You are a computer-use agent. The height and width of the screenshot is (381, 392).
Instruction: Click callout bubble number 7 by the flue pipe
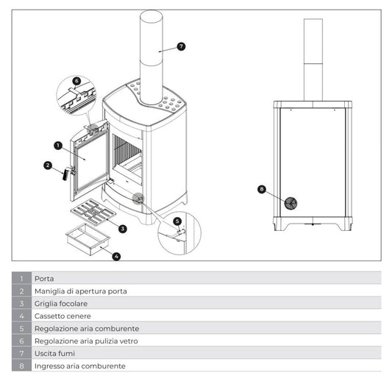(x=181, y=46)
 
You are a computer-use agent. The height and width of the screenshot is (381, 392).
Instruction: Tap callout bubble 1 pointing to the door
(x=58, y=146)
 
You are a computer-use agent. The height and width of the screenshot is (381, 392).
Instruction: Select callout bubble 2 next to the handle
(x=48, y=165)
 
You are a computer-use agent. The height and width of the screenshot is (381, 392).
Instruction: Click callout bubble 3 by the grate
(x=123, y=229)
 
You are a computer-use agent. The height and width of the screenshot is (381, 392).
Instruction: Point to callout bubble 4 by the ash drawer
(x=116, y=256)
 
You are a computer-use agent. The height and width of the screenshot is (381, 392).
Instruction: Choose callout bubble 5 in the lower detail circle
(x=177, y=221)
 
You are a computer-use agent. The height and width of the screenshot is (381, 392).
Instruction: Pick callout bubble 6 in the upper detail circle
(x=76, y=81)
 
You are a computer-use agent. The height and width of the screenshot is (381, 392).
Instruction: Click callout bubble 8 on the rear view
(x=262, y=189)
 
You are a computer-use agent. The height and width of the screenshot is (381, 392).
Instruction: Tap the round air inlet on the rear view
(x=291, y=203)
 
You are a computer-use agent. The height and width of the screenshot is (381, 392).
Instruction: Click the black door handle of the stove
(x=66, y=174)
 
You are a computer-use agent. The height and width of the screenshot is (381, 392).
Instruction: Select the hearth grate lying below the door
(x=93, y=212)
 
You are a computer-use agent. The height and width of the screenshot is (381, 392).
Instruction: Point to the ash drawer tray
(x=88, y=239)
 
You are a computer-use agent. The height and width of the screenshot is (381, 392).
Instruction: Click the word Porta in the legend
(x=44, y=279)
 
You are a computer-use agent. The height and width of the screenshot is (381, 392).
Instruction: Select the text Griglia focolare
(x=61, y=304)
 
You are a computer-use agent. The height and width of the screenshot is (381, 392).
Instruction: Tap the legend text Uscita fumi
(x=54, y=354)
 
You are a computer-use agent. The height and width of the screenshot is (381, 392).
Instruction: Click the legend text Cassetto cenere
(x=63, y=316)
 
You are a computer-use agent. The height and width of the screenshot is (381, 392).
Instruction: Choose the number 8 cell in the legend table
(x=22, y=366)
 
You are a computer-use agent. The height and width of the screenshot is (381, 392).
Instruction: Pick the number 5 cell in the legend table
(x=22, y=328)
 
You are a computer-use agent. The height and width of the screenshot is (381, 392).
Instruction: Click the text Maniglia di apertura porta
(x=81, y=291)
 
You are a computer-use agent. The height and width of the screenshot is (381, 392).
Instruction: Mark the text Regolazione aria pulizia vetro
(x=86, y=341)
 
